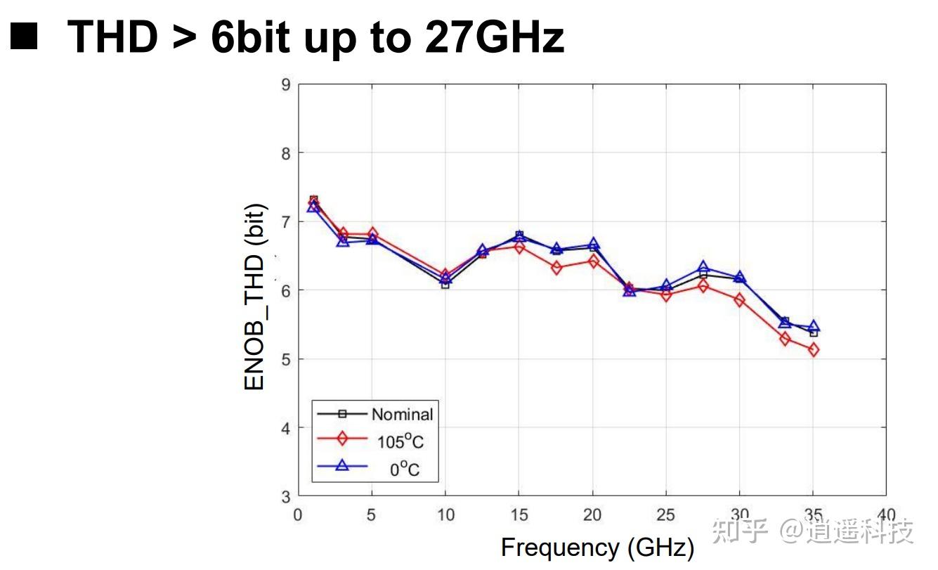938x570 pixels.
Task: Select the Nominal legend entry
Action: tap(402, 414)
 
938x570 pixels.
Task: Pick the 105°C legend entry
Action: tap(400, 441)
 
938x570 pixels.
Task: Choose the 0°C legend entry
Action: tap(404, 469)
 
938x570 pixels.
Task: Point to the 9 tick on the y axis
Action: tap(285, 85)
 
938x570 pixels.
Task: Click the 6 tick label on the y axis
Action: tap(285, 290)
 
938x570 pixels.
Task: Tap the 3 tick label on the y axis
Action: tap(285, 496)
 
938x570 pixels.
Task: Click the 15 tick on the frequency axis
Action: tap(519, 515)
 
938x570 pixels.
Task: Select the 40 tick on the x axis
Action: tap(886, 515)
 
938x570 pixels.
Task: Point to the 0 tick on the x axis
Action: tap(298, 515)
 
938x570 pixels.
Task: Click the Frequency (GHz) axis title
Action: tap(597, 548)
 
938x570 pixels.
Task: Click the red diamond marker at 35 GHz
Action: tap(813, 350)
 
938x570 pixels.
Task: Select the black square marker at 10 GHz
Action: tap(445, 285)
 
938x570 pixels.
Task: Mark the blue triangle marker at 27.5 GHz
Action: tap(703, 268)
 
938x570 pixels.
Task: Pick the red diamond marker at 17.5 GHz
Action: tap(556, 268)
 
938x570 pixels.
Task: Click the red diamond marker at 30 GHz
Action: tap(739, 300)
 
